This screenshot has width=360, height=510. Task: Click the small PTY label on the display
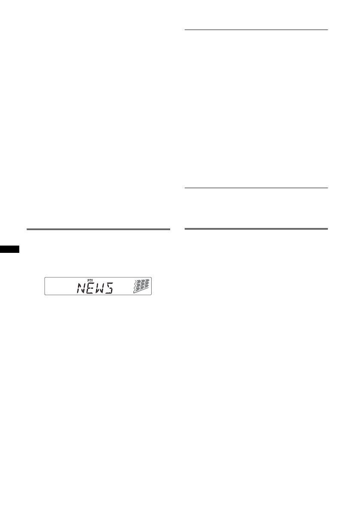tap(90, 280)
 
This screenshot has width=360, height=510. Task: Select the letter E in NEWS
tap(91, 288)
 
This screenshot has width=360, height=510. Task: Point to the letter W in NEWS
tap(100, 288)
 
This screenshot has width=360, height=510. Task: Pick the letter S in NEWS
tap(109, 288)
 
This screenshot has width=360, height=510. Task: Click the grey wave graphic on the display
tap(141, 286)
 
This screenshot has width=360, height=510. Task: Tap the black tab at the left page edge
tap(9, 249)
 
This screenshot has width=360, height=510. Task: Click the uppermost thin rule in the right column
tap(256, 30)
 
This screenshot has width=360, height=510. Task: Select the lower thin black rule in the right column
tap(256, 188)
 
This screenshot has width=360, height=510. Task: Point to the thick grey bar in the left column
tap(98, 229)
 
